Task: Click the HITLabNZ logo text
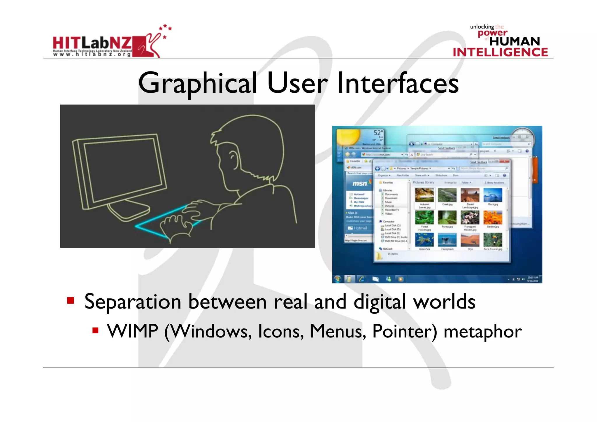pos(92,43)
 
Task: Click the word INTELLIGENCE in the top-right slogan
pos(500,52)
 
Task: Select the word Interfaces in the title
pos(398,84)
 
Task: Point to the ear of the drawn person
pos(232,157)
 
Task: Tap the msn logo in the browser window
pos(360,183)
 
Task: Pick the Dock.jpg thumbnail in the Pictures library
pos(493,195)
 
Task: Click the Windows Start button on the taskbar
pos(338,279)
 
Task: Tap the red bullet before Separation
pos(71,300)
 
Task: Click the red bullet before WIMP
pos(95,330)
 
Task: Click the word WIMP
pos(132,331)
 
